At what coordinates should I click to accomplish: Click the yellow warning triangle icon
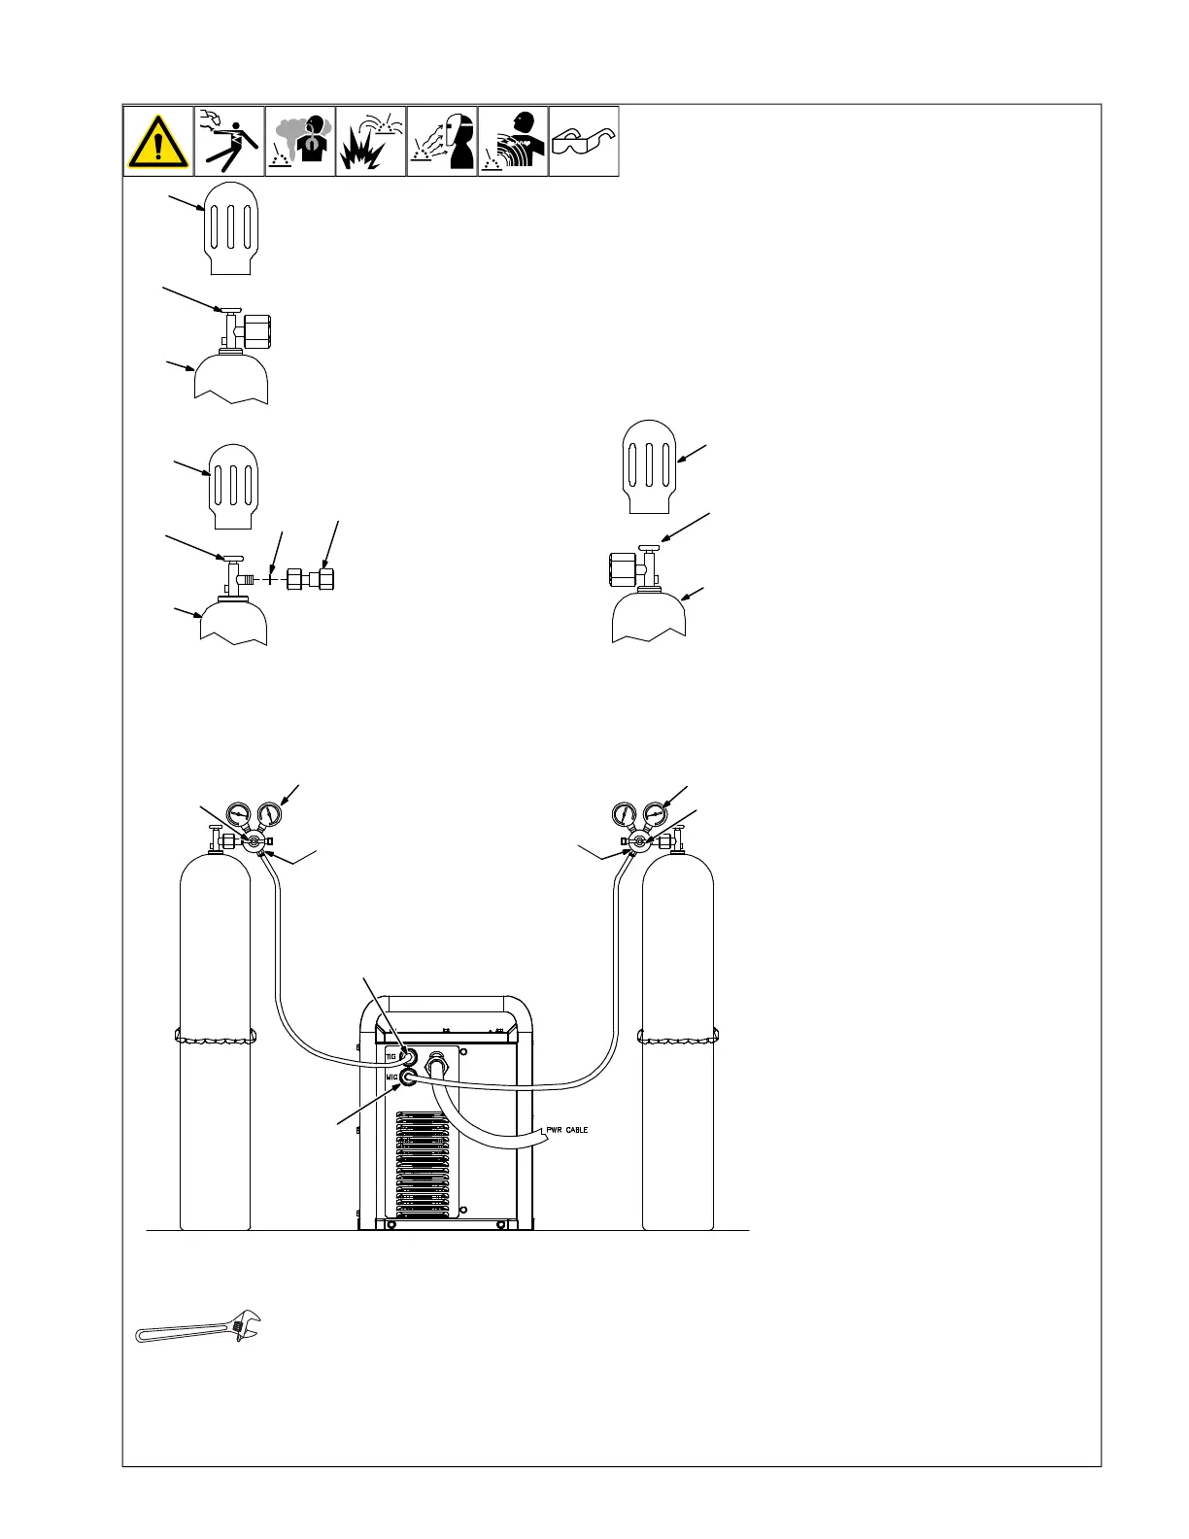pos(157,142)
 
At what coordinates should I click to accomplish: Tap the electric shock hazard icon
pos(229,142)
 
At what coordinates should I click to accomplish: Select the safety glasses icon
pos(584,143)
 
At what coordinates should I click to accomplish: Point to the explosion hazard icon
pos(371,142)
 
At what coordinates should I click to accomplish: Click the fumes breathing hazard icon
pos(300,142)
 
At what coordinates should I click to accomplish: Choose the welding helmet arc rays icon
pos(442,142)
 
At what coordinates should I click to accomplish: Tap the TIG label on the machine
pos(391,1055)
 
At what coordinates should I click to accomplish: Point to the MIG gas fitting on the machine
pos(410,1077)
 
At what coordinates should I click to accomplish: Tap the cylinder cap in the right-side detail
pos(648,465)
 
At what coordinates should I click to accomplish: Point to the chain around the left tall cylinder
pos(215,1037)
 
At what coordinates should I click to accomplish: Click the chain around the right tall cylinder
pos(677,1037)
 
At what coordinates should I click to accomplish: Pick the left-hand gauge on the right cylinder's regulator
pos(625,814)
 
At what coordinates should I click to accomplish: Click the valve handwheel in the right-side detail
pos(649,551)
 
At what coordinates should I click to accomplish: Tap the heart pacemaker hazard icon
pos(513,142)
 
